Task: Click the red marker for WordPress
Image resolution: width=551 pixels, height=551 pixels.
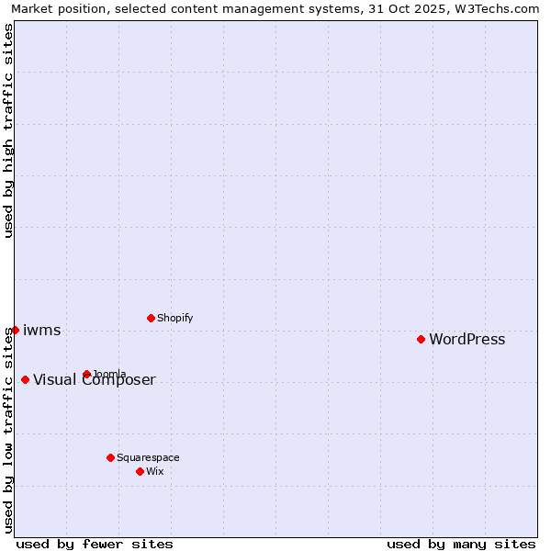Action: click(x=421, y=339)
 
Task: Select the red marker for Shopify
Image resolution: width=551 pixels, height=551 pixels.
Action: click(x=151, y=318)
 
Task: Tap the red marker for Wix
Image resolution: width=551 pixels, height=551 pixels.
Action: click(x=140, y=471)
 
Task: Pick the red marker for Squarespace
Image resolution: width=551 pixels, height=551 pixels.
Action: click(x=110, y=457)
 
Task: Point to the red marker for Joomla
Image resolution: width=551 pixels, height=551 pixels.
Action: click(x=86, y=374)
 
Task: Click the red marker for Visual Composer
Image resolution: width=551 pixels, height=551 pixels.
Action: click(x=25, y=379)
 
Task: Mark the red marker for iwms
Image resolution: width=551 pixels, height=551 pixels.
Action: click(x=15, y=330)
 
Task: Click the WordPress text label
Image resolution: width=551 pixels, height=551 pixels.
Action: click(x=467, y=340)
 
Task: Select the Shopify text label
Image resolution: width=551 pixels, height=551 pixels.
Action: click(x=174, y=319)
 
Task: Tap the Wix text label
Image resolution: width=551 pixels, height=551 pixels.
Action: click(x=154, y=472)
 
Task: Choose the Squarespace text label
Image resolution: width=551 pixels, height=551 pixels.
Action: click(x=148, y=458)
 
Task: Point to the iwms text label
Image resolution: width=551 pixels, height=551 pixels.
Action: click(x=41, y=331)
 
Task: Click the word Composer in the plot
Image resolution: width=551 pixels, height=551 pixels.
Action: click(x=121, y=380)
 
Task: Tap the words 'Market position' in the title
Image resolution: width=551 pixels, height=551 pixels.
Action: click(x=55, y=9)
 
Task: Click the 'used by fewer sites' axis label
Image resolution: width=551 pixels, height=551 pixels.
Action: click(x=95, y=544)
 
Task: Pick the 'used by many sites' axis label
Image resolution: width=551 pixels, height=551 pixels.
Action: click(x=461, y=544)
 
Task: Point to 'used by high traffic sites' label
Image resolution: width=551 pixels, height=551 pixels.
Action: click(x=9, y=130)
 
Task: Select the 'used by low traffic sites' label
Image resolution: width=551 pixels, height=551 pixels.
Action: click(x=9, y=429)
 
